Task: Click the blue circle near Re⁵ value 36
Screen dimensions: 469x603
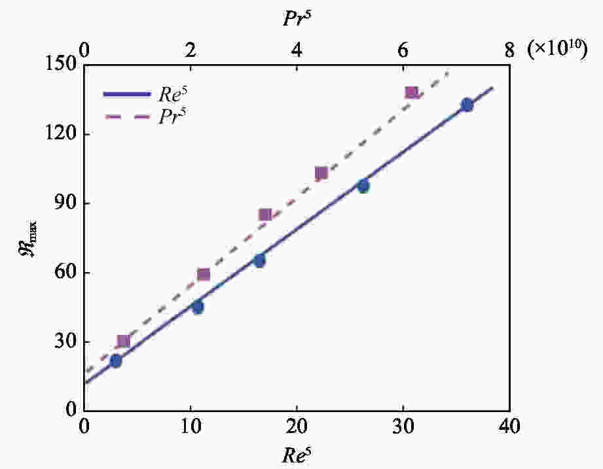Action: [x=467, y=105]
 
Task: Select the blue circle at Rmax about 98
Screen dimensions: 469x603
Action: [x=363, y=186]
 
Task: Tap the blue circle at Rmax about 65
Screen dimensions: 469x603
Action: [x=260, y=261]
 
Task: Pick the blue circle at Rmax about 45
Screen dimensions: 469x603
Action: [x=198, y=307]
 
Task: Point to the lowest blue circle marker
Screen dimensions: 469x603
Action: [x=116, y=361]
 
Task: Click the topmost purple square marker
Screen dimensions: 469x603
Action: [x=411, y=93]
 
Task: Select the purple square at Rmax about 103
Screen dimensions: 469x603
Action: [x=321, y=173]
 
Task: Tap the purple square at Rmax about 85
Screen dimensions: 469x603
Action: [x=265, y=215]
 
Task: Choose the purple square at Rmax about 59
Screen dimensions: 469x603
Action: [x=203, y=274]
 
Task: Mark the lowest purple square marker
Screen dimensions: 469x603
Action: [x=123, y=341]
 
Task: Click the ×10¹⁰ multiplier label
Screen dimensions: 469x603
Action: [x=558, y=50]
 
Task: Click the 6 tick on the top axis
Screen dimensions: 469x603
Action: [x=403, y=50]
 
